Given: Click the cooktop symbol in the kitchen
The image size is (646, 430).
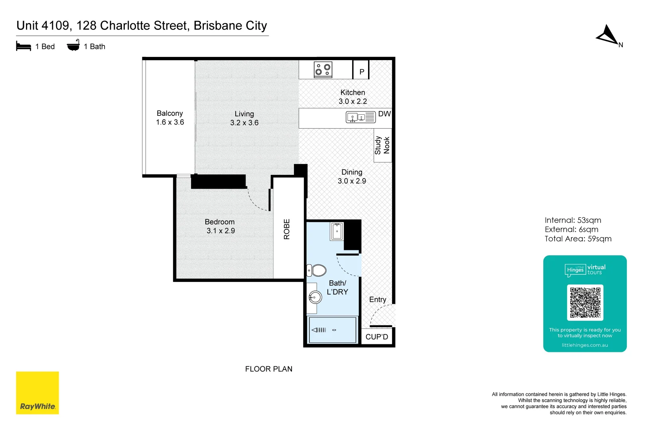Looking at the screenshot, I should click(323, 70).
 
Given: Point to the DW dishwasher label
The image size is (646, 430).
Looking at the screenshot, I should click(384, 114).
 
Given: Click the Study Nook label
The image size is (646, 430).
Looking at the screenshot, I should click(382, 145).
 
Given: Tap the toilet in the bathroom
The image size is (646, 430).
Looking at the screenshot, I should click(318, 270).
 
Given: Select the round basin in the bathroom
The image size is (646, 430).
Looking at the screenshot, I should click(315, 297).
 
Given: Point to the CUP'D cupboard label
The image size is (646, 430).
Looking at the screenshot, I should click(376, 337).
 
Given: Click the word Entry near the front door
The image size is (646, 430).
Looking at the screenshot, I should click(377, 299).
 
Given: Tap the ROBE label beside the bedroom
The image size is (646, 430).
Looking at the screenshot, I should click(287, 229).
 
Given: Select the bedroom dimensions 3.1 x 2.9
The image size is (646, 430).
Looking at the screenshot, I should click(221, 231).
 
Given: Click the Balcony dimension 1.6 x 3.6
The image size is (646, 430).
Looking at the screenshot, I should click(170, 122).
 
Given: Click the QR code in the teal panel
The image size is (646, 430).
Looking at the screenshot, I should click(585, 302).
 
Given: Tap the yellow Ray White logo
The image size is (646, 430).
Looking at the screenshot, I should click(37, 393).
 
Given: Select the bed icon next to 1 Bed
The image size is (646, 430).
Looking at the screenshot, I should click(24, 47).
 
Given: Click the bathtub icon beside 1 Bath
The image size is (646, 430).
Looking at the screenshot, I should click(73, 46).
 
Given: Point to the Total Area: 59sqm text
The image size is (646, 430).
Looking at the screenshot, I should click(578, 239).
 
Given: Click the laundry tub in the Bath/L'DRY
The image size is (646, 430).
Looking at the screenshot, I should click(337, 231).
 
